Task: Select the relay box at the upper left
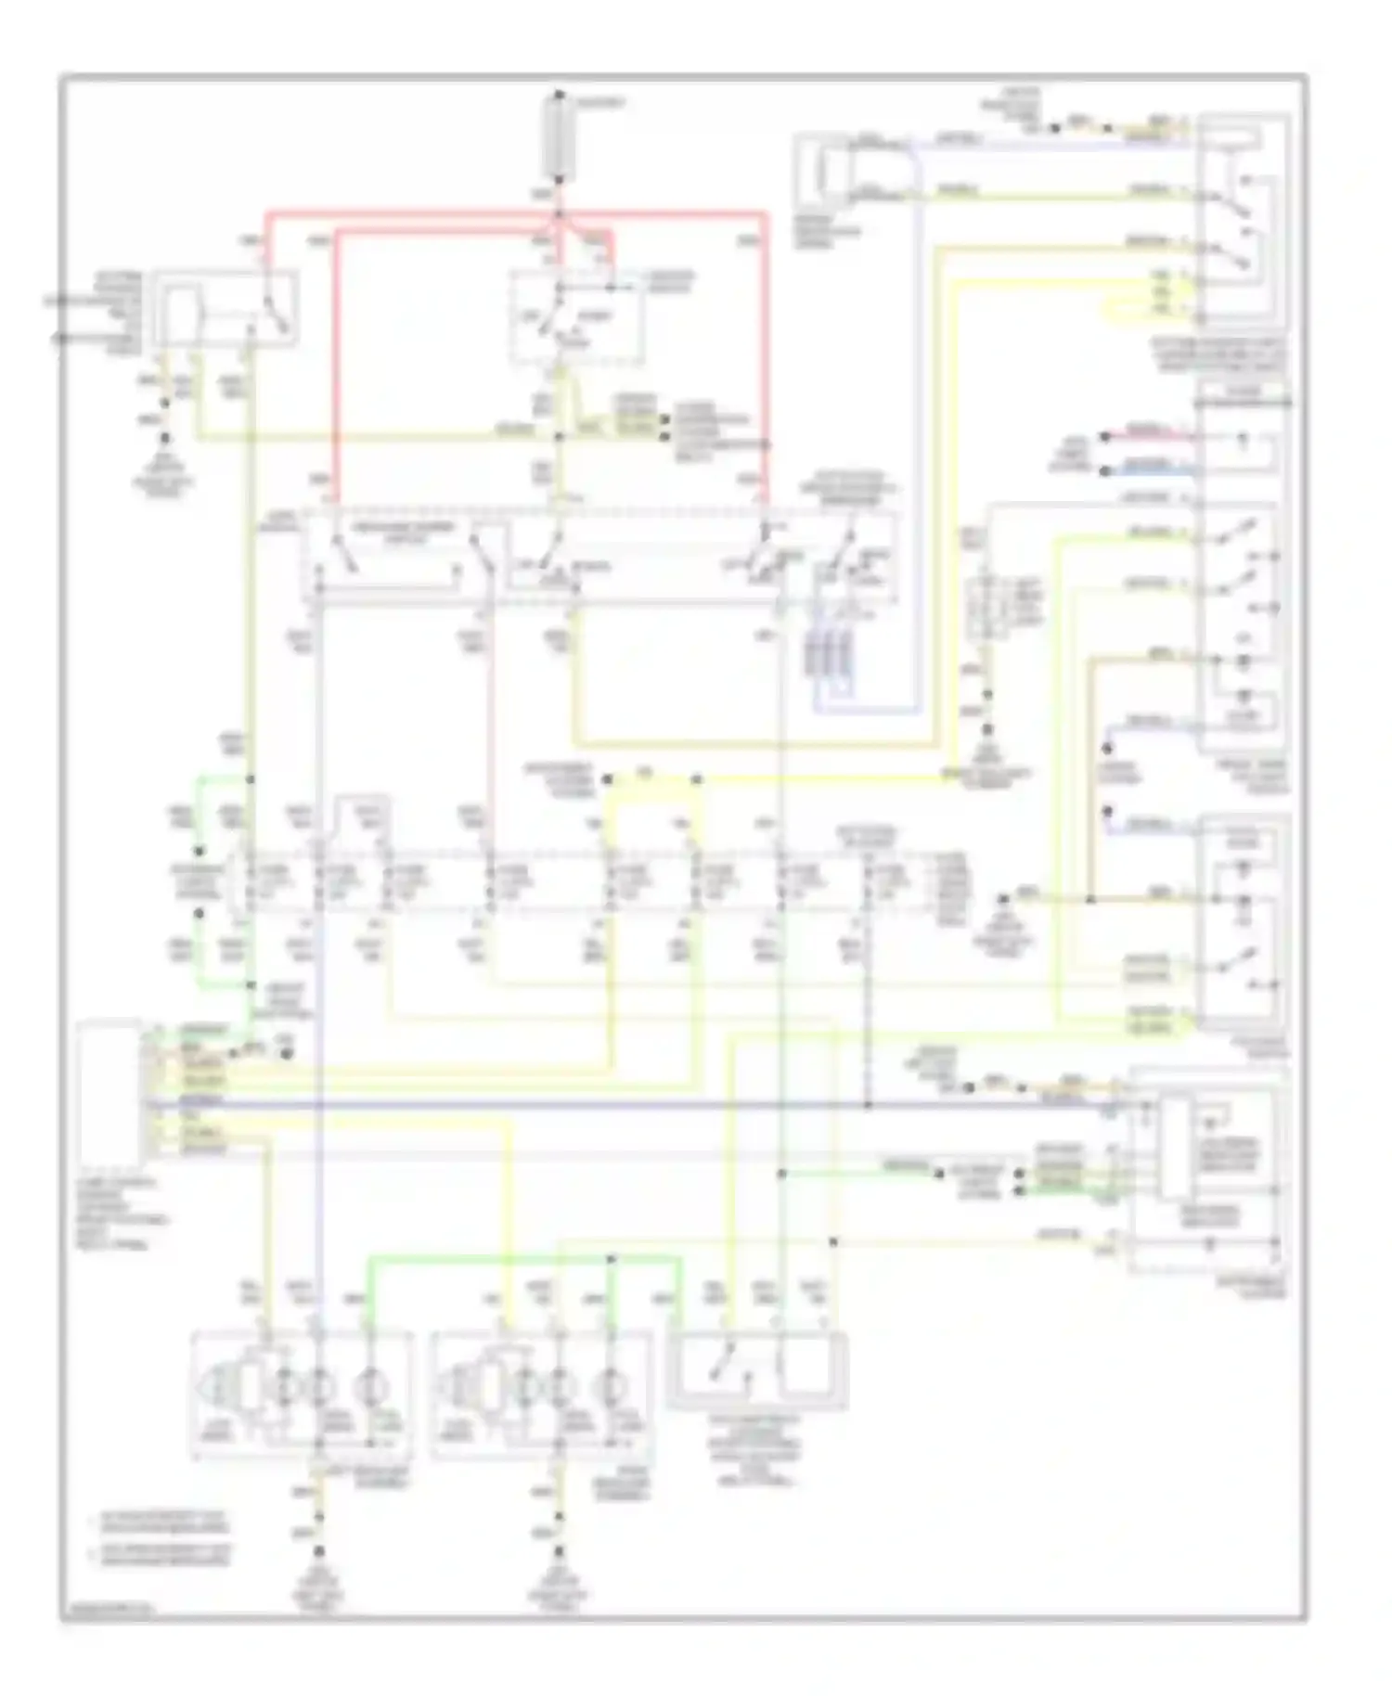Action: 226,310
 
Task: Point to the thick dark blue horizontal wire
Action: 650,1106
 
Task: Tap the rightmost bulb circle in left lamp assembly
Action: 370,1387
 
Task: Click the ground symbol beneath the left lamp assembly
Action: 319,1550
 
